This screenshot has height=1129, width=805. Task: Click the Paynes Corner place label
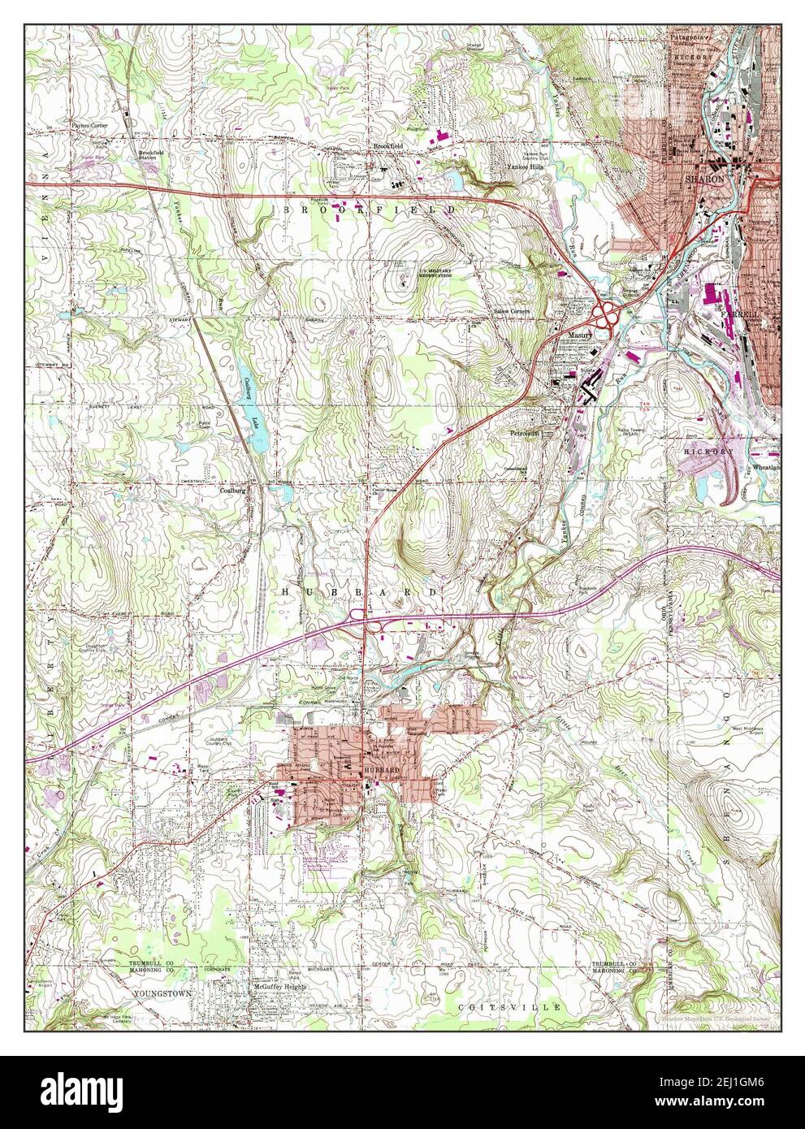click(x=89, y=127)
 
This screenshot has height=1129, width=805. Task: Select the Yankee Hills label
click(x=505, y=163)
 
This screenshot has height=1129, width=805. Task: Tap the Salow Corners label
click(x=512, y=311)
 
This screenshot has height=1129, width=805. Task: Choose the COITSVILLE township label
click(x=509, y=1007)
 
